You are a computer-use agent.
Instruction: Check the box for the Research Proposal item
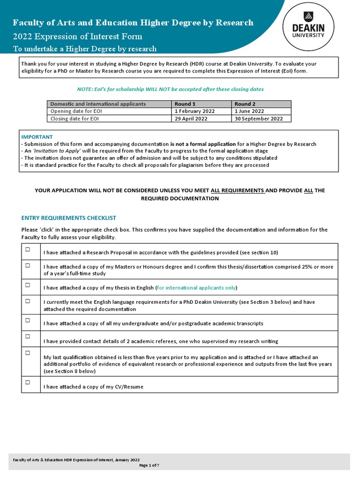[28, 249]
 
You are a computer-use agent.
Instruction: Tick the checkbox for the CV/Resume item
[28, 382]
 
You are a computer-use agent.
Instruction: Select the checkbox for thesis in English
[28, 285]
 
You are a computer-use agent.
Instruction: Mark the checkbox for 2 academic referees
[28, 337]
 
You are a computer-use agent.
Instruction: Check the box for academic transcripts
[28, 320]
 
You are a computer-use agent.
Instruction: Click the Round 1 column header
[182, 104]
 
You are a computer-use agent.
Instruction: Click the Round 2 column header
[242, 104]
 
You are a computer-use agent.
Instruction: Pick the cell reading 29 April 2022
[191, 119]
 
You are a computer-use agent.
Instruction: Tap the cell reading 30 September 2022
[258, 119]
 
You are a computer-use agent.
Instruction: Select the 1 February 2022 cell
[195, 111]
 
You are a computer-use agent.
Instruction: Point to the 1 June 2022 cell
[249, 111]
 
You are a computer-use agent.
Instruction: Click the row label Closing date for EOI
[75, 119]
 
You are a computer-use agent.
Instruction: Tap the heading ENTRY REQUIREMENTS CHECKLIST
[68, 218]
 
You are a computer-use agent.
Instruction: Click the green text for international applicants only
[196, 287]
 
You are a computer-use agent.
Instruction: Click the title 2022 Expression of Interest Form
[77, 37]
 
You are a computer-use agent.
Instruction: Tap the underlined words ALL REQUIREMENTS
[238, 190]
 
